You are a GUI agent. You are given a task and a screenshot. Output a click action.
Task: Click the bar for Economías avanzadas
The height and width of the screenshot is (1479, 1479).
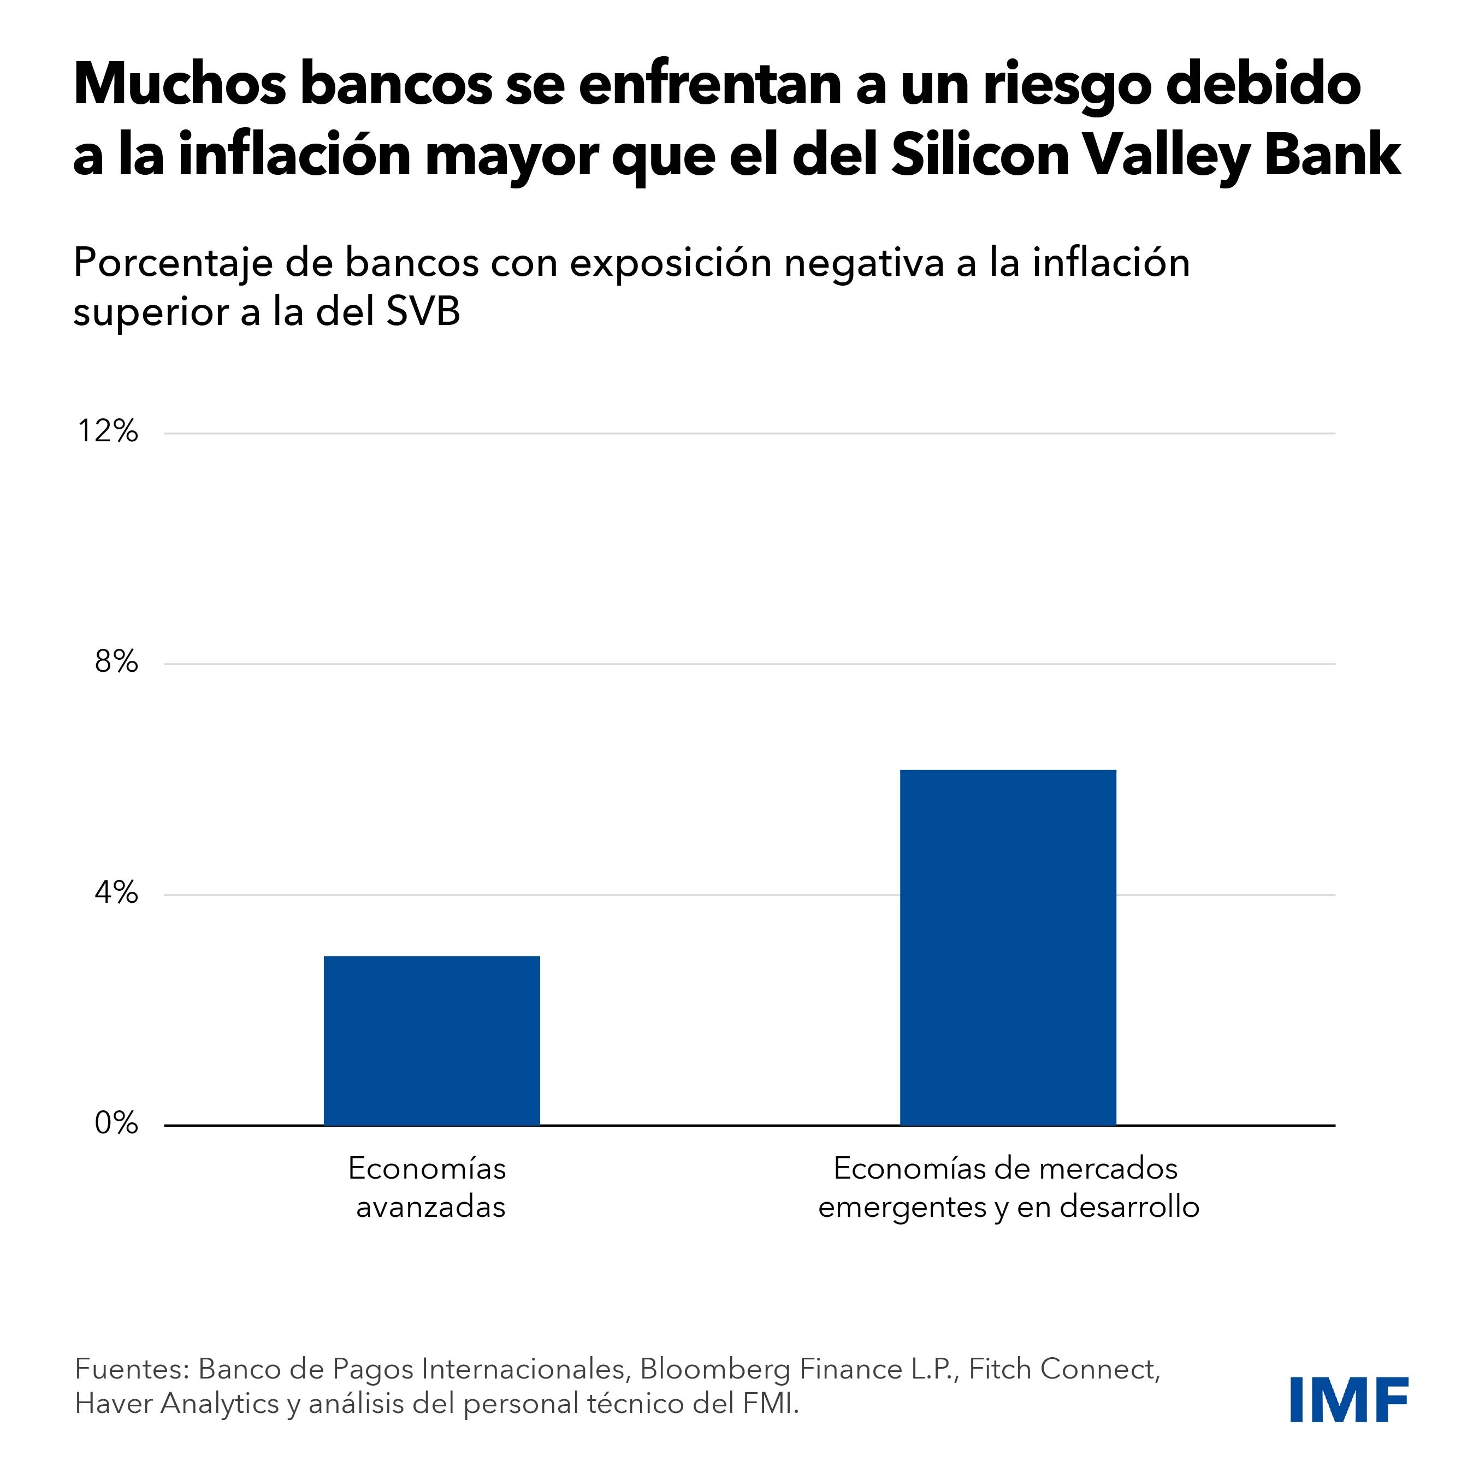click(432, 1040)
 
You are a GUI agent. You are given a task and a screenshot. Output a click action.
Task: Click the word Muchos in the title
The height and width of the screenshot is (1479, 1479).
click(179, 86)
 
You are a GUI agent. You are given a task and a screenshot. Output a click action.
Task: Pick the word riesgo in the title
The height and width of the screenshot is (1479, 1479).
click(1067, 86)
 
